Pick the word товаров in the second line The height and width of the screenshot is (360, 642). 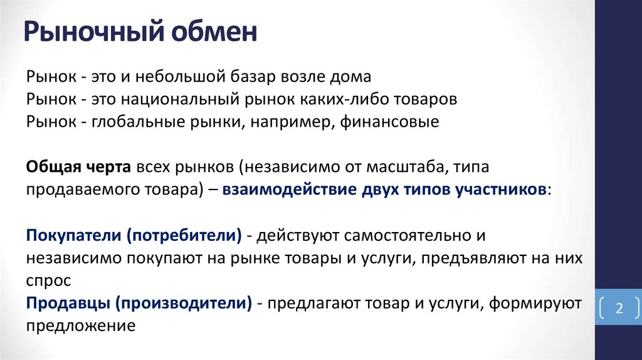(426, 100)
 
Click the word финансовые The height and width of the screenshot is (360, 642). (389, 122)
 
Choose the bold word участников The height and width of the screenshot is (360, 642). (496, 190)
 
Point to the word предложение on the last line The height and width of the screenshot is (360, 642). (81, 326)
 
